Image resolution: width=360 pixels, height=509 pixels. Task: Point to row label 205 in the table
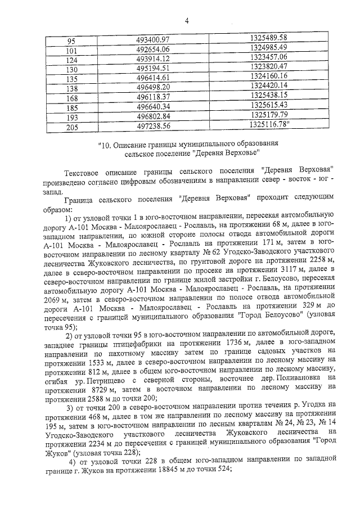[71, 127]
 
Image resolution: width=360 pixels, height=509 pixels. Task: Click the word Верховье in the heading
[240, 152]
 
